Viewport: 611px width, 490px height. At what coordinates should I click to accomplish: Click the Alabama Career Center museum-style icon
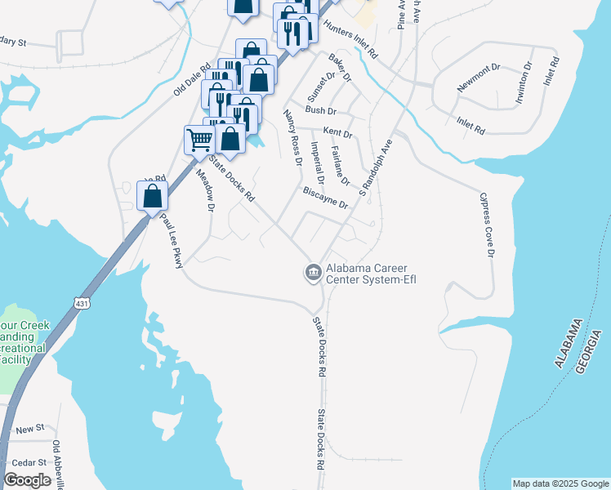coord(313,273)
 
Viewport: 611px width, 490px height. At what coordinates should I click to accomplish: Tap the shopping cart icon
coord(199,140)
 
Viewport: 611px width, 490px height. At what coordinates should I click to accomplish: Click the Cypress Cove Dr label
coord(488,225)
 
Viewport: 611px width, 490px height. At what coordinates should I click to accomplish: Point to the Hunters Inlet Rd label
coord(351,38)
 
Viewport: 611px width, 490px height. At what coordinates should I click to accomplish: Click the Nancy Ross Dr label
coord(292,136)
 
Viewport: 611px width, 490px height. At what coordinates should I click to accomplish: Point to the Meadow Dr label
coord(204,192)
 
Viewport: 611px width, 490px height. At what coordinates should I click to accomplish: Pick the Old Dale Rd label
coord(192,78)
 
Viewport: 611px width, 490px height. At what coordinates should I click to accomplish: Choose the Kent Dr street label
coord(337,132)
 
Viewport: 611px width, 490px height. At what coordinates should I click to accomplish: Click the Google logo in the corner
coord(28,479)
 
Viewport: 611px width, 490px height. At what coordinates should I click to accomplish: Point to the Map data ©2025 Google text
coord(560,483)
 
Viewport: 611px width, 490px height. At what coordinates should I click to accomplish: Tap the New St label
coord(29,429)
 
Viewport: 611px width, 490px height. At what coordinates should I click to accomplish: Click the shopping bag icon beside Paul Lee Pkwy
coord(152,196)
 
